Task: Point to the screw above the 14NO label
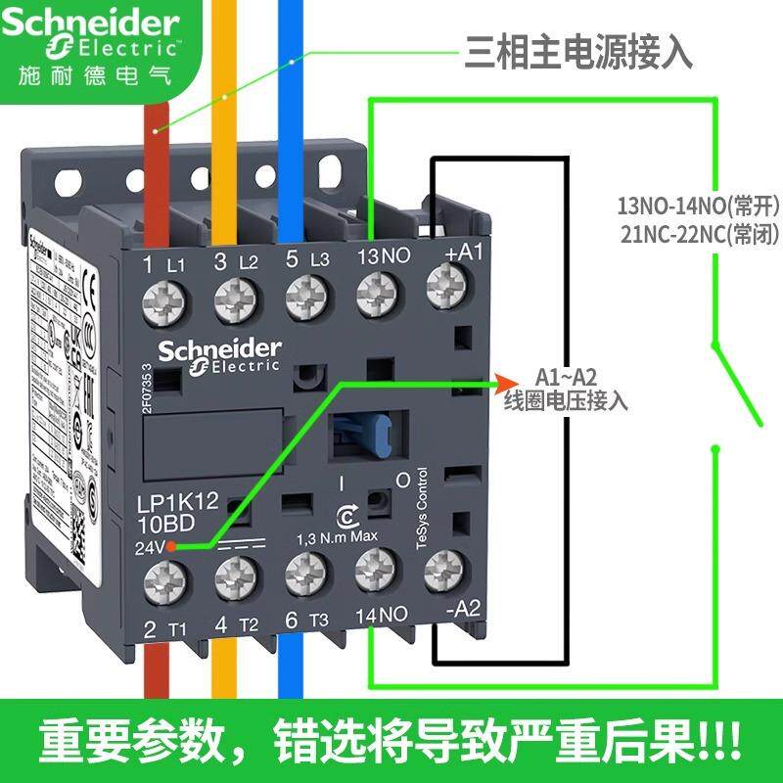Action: point(374,571)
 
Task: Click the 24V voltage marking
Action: point(150,545)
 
